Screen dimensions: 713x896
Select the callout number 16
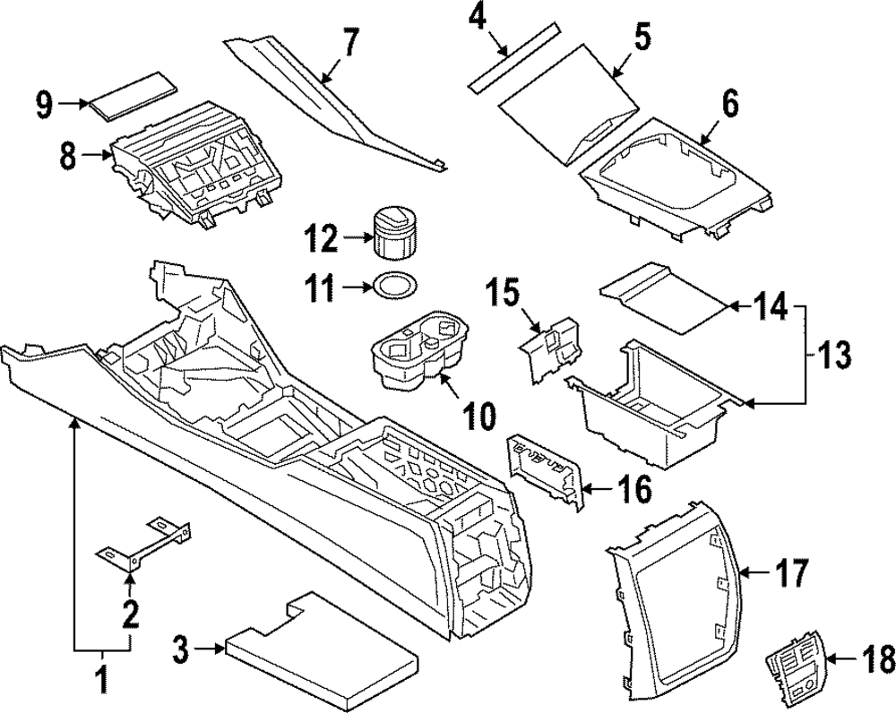coord(627,491)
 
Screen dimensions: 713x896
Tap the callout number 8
coord(68,158)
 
